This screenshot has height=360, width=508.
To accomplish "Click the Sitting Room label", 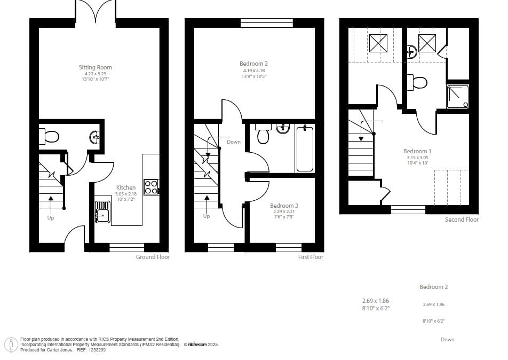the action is tap(95, 67).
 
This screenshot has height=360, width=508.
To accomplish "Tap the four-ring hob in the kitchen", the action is tap(151, 187).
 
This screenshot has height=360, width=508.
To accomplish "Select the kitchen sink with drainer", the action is tap(102, 212).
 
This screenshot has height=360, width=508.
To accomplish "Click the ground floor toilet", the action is tap(49, 137).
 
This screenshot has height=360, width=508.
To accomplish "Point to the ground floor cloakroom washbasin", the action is tap(95, 137).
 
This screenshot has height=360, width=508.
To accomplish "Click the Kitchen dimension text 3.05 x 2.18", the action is tap(126, 194).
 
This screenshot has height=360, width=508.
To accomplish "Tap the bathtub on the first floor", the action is tap(305, 148).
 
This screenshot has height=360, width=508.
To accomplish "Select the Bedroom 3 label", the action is tap(284, 206).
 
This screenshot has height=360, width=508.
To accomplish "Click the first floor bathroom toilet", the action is tap(263, 134).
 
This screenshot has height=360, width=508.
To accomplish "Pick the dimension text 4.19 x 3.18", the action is tap(254, 71).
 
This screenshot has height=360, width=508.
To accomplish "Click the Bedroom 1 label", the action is tap(417, 151).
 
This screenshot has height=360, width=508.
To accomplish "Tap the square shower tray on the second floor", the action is tap(458, 97).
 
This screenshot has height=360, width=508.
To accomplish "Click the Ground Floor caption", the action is tap(153, 257).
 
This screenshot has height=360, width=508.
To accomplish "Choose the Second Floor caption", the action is tap(462, 220).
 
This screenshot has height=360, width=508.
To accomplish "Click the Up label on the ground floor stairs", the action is tap(51, 217).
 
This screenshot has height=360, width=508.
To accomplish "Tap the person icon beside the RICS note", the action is tap(11, 345).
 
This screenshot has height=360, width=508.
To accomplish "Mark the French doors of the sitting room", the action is tap(95, 11).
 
